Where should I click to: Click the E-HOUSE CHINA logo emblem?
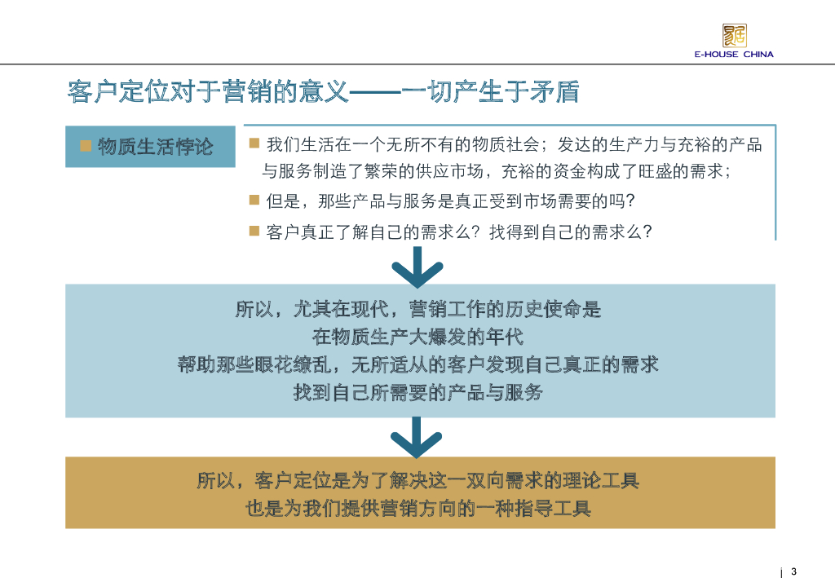(734, 35)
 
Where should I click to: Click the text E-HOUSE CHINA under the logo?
(734, 55)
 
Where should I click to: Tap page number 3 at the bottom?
(794, 570)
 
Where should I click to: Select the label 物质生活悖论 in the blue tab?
(155, 147)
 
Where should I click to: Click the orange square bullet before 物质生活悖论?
(85, 146)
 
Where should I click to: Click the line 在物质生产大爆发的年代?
(417, 337)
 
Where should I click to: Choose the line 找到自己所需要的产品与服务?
(417, 392)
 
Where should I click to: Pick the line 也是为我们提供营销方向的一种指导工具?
(417, 509)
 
